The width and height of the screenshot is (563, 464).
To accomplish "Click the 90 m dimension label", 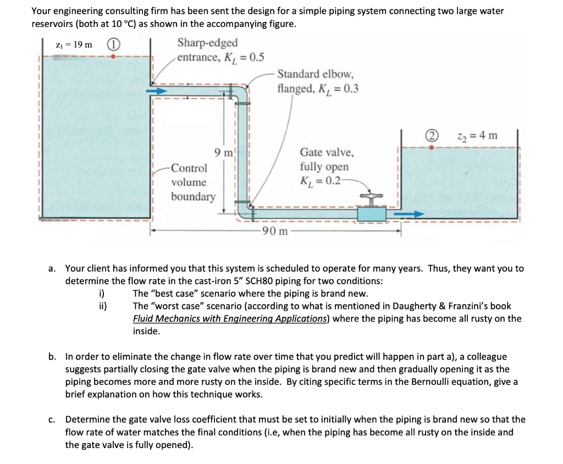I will tap(274, 231).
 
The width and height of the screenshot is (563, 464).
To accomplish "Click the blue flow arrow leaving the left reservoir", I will tap(160, 92).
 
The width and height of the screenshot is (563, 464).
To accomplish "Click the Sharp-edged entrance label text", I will tap(208, 43).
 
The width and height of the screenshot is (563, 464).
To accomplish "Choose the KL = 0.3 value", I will tap(344, 88).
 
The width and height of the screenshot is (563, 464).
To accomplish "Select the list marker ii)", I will tap(102, 306).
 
